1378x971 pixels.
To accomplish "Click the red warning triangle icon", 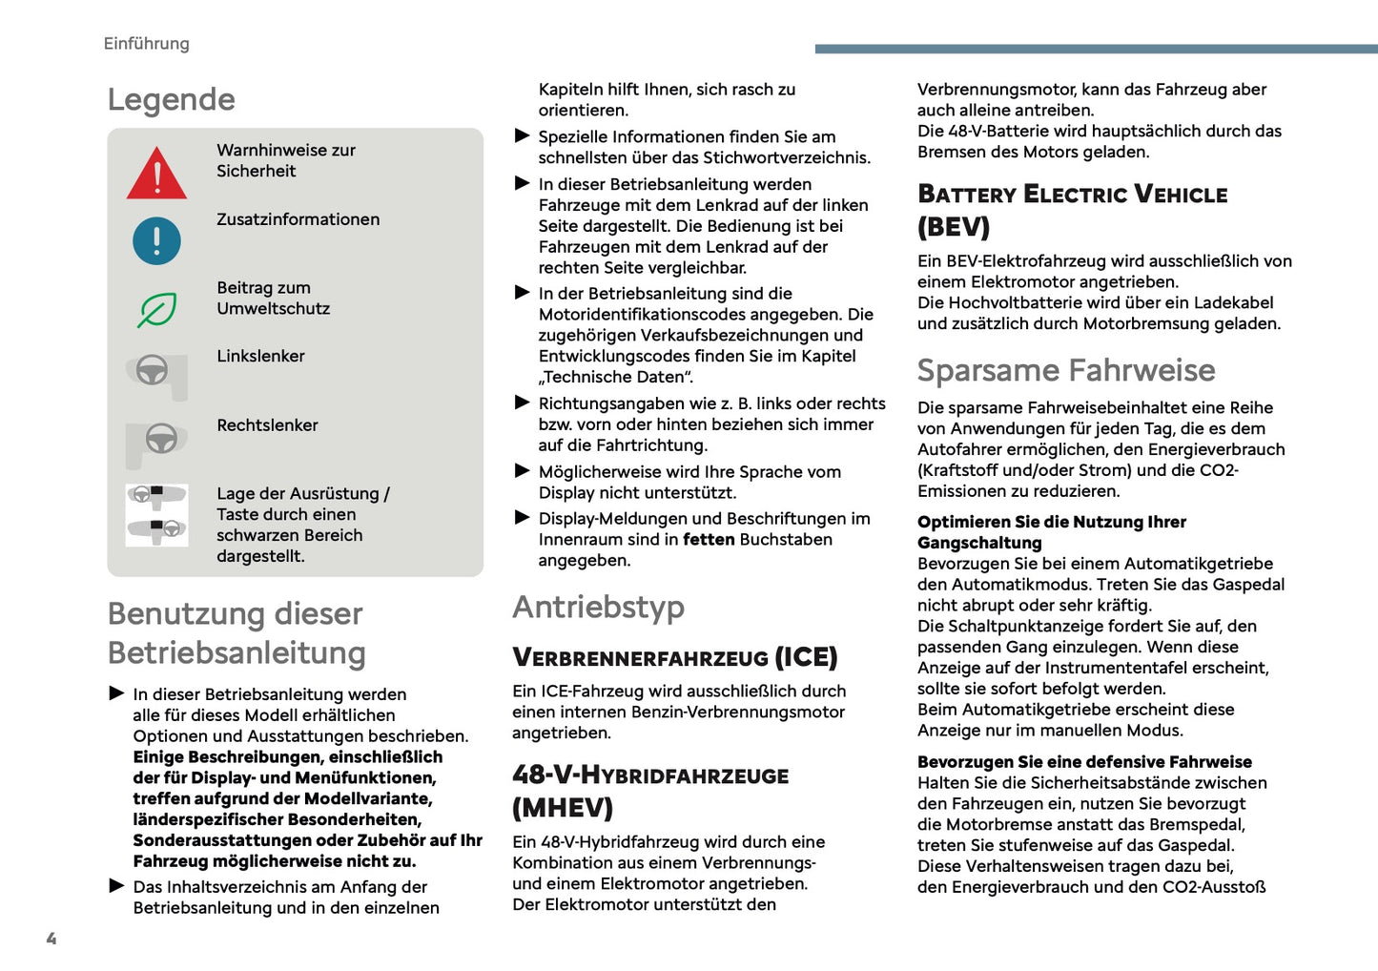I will tap(156, 175).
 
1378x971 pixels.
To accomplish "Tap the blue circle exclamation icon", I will tap(156, 240).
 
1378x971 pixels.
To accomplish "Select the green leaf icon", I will tap(156, 309).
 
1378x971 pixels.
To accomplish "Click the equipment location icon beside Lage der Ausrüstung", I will tap(156, 515).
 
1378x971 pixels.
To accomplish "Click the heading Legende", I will tap(171, 99).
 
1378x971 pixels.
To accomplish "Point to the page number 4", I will tap(51, 939).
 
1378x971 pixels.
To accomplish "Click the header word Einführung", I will tap(146, 44).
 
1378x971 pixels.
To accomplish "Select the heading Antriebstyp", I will tap(598, 607).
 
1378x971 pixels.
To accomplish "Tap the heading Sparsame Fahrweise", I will tap(1065, 370).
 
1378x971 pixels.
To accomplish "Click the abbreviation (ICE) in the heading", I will tap(805, 657).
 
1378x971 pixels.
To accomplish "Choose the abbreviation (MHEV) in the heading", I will tap(563, 808).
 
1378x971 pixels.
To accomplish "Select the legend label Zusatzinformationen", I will tap(298, 219).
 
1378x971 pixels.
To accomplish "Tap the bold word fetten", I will tap(709, 540).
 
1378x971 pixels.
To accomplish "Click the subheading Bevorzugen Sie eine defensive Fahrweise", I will tap(1084, 762).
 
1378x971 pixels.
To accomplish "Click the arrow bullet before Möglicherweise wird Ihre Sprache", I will tap(522, 471).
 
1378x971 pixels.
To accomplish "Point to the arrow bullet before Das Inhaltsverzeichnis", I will tap(116, 886).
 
